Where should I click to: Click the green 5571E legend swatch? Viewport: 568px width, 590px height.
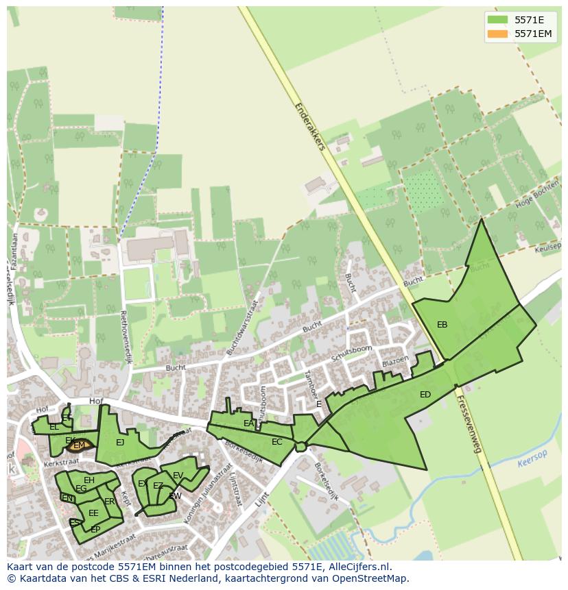click(x=497, y=20)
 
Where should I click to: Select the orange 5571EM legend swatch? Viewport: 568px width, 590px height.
click(x=497, y=34)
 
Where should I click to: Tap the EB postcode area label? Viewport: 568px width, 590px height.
click(x=442, y=325)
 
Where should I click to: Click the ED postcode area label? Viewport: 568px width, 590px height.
click(x=425, y=395)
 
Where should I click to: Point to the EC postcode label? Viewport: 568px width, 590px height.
click(x=276, y=442)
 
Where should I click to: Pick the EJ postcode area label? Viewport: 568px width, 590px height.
click(x=120, y=443)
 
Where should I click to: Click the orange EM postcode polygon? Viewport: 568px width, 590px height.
click(x=80, y=445)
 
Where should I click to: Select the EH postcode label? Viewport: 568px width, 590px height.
click(x=89, y=480)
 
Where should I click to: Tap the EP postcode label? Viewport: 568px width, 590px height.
click(x=95, y=530)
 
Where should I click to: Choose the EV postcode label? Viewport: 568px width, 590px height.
click(x=178, y=476)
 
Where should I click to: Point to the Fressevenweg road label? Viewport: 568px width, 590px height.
click(x=469, y=425)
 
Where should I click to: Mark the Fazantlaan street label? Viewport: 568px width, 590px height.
click(x=13, y=250)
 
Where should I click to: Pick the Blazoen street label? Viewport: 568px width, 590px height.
click(x=395, y=360)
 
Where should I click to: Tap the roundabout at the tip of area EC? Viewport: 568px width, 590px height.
click(x=300, y=447)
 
